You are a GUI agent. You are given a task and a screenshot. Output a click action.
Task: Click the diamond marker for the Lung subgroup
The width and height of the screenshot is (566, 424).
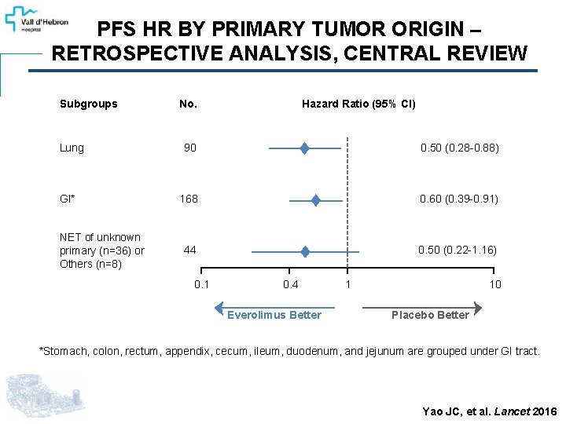pos(304,148)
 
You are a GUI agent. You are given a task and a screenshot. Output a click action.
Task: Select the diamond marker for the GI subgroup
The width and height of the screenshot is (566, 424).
pos(315,199)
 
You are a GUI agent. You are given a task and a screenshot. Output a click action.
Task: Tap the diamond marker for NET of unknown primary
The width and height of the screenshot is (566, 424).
pos(305,251)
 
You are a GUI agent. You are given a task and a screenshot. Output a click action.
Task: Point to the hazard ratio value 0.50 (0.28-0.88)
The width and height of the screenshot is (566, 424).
pos(459,148)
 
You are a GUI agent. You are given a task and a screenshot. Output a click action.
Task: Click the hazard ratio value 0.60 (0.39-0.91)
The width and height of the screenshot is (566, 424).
pos(459,199)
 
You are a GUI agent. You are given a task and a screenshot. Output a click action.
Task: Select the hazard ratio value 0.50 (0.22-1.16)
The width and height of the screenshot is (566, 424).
pos(458,250)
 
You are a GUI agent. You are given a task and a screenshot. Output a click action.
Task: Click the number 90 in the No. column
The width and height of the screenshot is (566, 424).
pos(190,148)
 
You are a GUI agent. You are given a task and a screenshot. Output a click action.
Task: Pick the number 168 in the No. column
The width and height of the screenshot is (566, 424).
pos(189,199)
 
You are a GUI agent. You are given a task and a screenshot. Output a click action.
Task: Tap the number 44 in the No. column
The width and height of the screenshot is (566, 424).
pos(189,250)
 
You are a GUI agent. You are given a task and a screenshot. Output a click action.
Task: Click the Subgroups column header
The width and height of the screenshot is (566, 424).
pos(88,104)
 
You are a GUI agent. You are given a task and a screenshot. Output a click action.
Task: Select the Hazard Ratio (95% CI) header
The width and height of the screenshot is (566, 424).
pos(358,104)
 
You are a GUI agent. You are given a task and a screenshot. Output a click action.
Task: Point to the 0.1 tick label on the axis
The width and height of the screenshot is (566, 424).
pos(201,284)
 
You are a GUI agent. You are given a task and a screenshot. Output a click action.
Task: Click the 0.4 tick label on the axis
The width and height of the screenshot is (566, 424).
pos(291,284)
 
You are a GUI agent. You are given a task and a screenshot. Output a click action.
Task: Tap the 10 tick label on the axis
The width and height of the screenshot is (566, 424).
pos(495,284)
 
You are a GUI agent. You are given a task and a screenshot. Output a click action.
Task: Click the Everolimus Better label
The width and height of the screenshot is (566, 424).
pos(274,315)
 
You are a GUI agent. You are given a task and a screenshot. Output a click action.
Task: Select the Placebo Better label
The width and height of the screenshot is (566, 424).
pos(430,315)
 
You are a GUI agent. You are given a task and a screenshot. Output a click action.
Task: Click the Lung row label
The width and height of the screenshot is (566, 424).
pos(72,148)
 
